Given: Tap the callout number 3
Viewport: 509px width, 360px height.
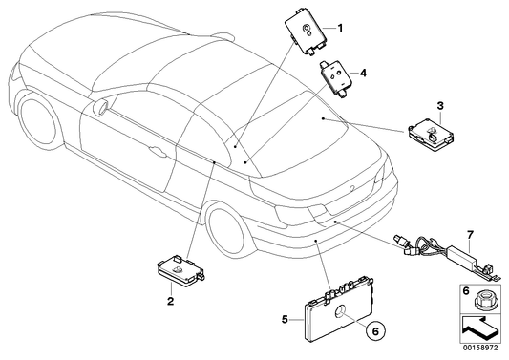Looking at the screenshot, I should click(441, 105).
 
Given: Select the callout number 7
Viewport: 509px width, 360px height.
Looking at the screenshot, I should click(470, 234).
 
